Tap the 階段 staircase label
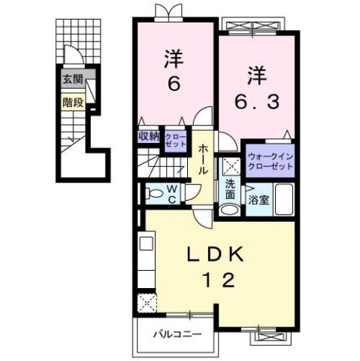(72, 98)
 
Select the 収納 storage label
(148, 135)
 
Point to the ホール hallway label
(204, 160)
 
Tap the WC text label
(171, 193)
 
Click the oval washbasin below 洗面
(229, 208)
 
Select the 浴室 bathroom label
(258, 201)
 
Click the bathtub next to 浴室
(284, 201)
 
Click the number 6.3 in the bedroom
(254, 101)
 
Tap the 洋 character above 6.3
(255, 74)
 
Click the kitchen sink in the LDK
(146, 244)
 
